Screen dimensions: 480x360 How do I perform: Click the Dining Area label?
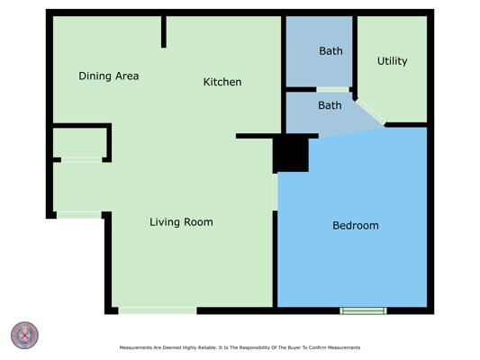pos(109,76)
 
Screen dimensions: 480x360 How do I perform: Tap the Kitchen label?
pos(222,82)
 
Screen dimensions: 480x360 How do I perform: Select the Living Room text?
pos(181,222)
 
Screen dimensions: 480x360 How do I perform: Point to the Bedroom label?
pos(356,226)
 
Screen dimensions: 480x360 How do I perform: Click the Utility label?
pos(392,61)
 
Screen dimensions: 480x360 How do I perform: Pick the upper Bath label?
pos(331,51)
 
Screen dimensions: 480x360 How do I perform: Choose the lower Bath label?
pos(330,105)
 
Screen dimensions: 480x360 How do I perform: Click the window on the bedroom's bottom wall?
pos(363,310)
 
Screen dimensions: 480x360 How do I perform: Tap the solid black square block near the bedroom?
pos(291,155)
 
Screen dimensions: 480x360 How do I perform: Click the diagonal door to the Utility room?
pos(370,112)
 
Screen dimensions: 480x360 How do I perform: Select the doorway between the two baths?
pos(332,90)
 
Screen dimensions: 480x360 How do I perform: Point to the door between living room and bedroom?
pos(275,192)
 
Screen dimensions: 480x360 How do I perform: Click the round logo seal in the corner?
pos(24,335)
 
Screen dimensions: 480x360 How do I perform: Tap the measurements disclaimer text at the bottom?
pos(240,347)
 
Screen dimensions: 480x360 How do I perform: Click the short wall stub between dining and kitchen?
pos(164,31)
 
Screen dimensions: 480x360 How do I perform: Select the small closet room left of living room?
pos(80,142)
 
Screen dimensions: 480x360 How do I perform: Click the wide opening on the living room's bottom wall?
pos(158,310)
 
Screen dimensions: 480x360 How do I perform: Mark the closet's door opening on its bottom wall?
pos(82,159)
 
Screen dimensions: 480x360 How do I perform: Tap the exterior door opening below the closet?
pos(79,215)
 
